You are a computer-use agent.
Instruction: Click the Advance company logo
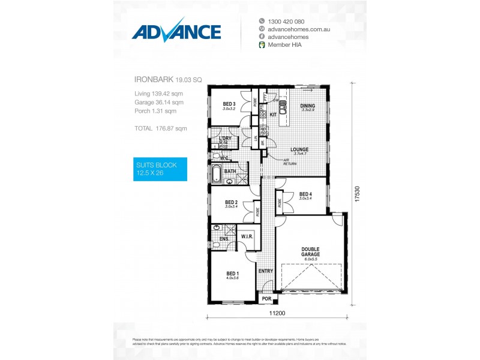point(176,32)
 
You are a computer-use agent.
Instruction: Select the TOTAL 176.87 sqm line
point(161,128)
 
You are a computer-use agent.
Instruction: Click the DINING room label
point(307,106)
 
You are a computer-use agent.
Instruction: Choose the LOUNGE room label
point(299,149)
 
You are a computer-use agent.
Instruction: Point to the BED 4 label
point(305,194)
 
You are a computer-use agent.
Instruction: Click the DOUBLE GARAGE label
point(311,251)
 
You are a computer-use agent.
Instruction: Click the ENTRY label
point(265,271)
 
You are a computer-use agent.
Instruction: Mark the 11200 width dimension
point(277,313)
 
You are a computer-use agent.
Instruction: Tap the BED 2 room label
point(232,202)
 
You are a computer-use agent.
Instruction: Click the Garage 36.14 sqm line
point(159,102)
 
